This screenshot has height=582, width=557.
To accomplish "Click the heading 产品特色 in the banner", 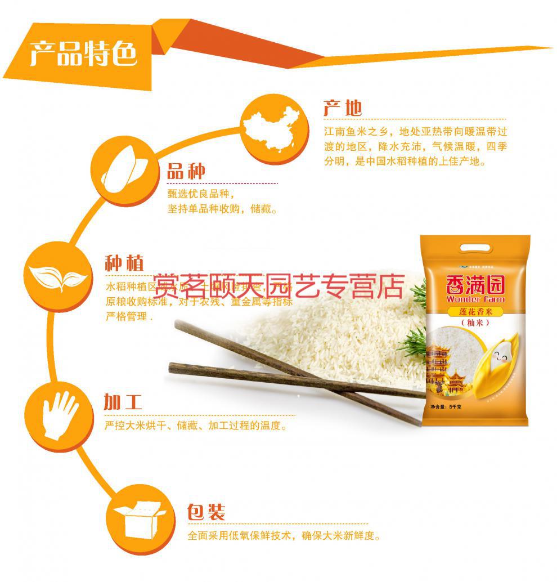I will click(83, 55).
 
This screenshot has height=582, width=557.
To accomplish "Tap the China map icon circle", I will click(276, 128).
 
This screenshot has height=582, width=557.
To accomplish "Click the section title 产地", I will click(343, 108).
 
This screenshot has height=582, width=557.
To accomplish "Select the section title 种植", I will click(124, 263).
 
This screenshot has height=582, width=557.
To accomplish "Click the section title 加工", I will click(123, 402).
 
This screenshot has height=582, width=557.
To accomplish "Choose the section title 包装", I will click(206, 513).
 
